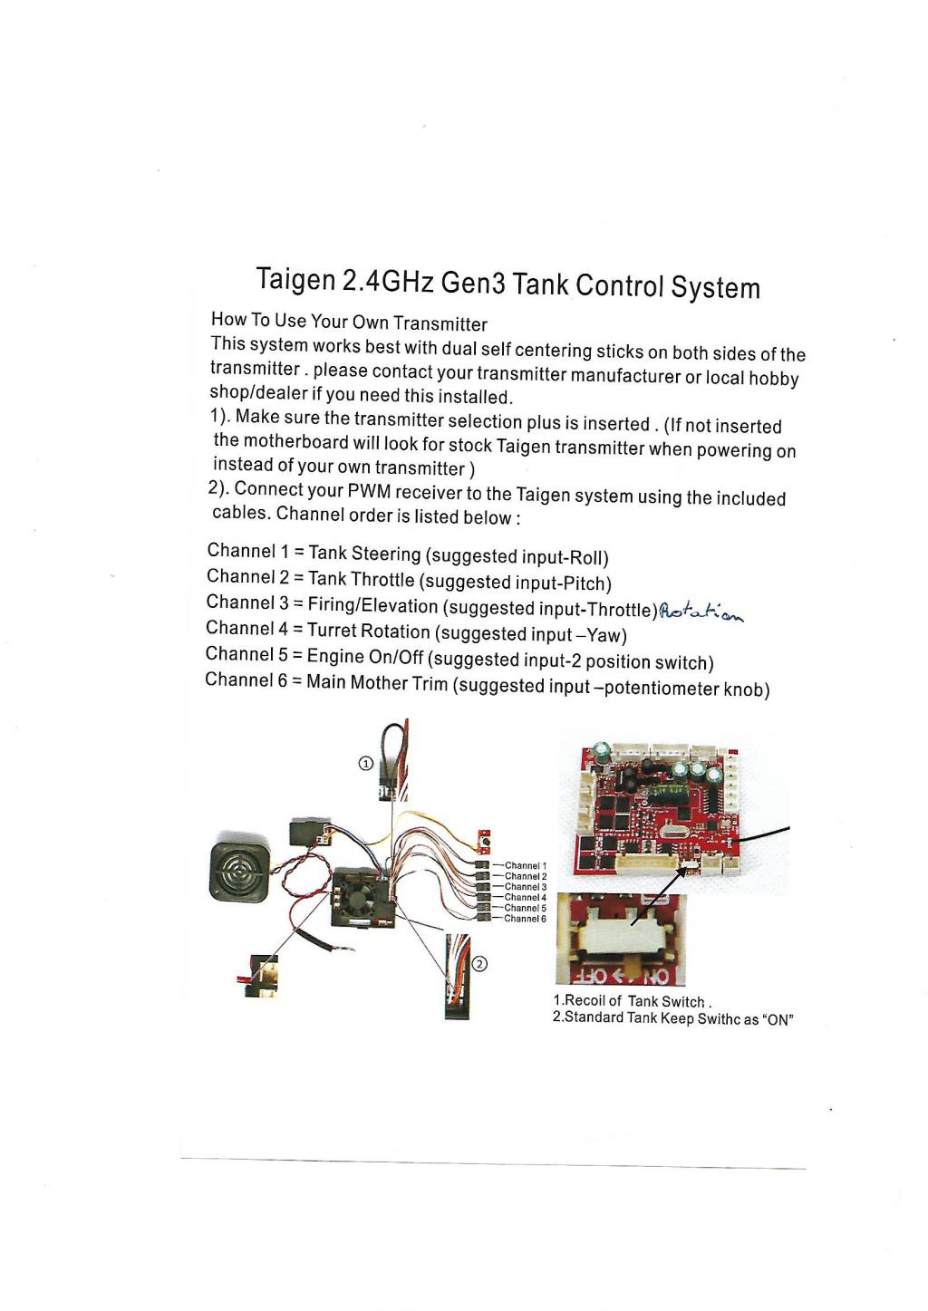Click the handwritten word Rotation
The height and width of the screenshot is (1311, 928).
[701, 612]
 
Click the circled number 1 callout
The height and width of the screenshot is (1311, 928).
[365, 763]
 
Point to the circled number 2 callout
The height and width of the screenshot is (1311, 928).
[478, 963]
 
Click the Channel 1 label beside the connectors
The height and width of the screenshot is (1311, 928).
[526, 865]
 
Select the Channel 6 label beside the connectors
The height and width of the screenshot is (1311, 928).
[525, 919]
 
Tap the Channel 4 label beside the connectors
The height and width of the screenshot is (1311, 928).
[526, 897]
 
